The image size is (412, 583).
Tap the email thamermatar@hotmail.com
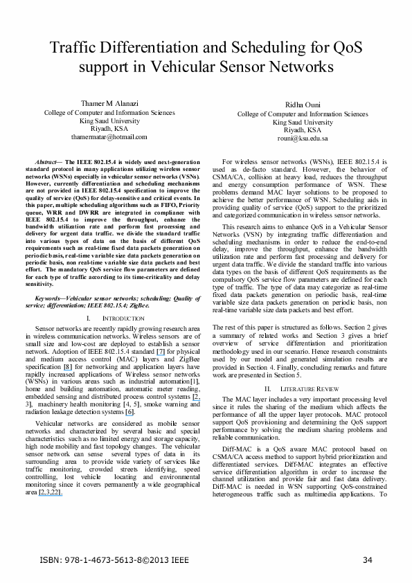[x=109, y=137]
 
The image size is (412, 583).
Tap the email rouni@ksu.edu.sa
[x=303, y=138]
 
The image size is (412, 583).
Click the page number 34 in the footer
[x=368, y=559]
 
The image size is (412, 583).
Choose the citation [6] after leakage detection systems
[x=129, y=392]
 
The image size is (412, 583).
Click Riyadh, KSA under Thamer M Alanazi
[x=109, y=129]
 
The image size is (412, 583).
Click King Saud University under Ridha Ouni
[x=303, y=122]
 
